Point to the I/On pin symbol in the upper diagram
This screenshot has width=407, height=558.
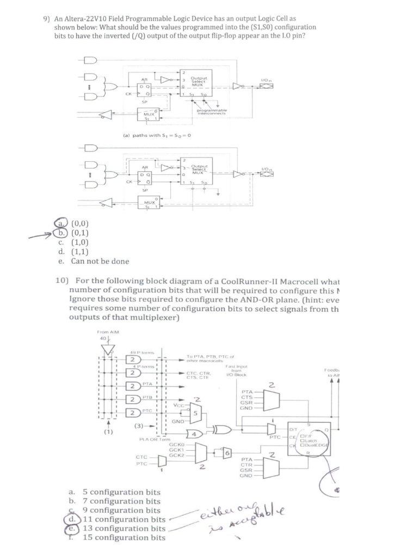[268, 86]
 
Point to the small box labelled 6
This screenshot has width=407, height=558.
[227, 453]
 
